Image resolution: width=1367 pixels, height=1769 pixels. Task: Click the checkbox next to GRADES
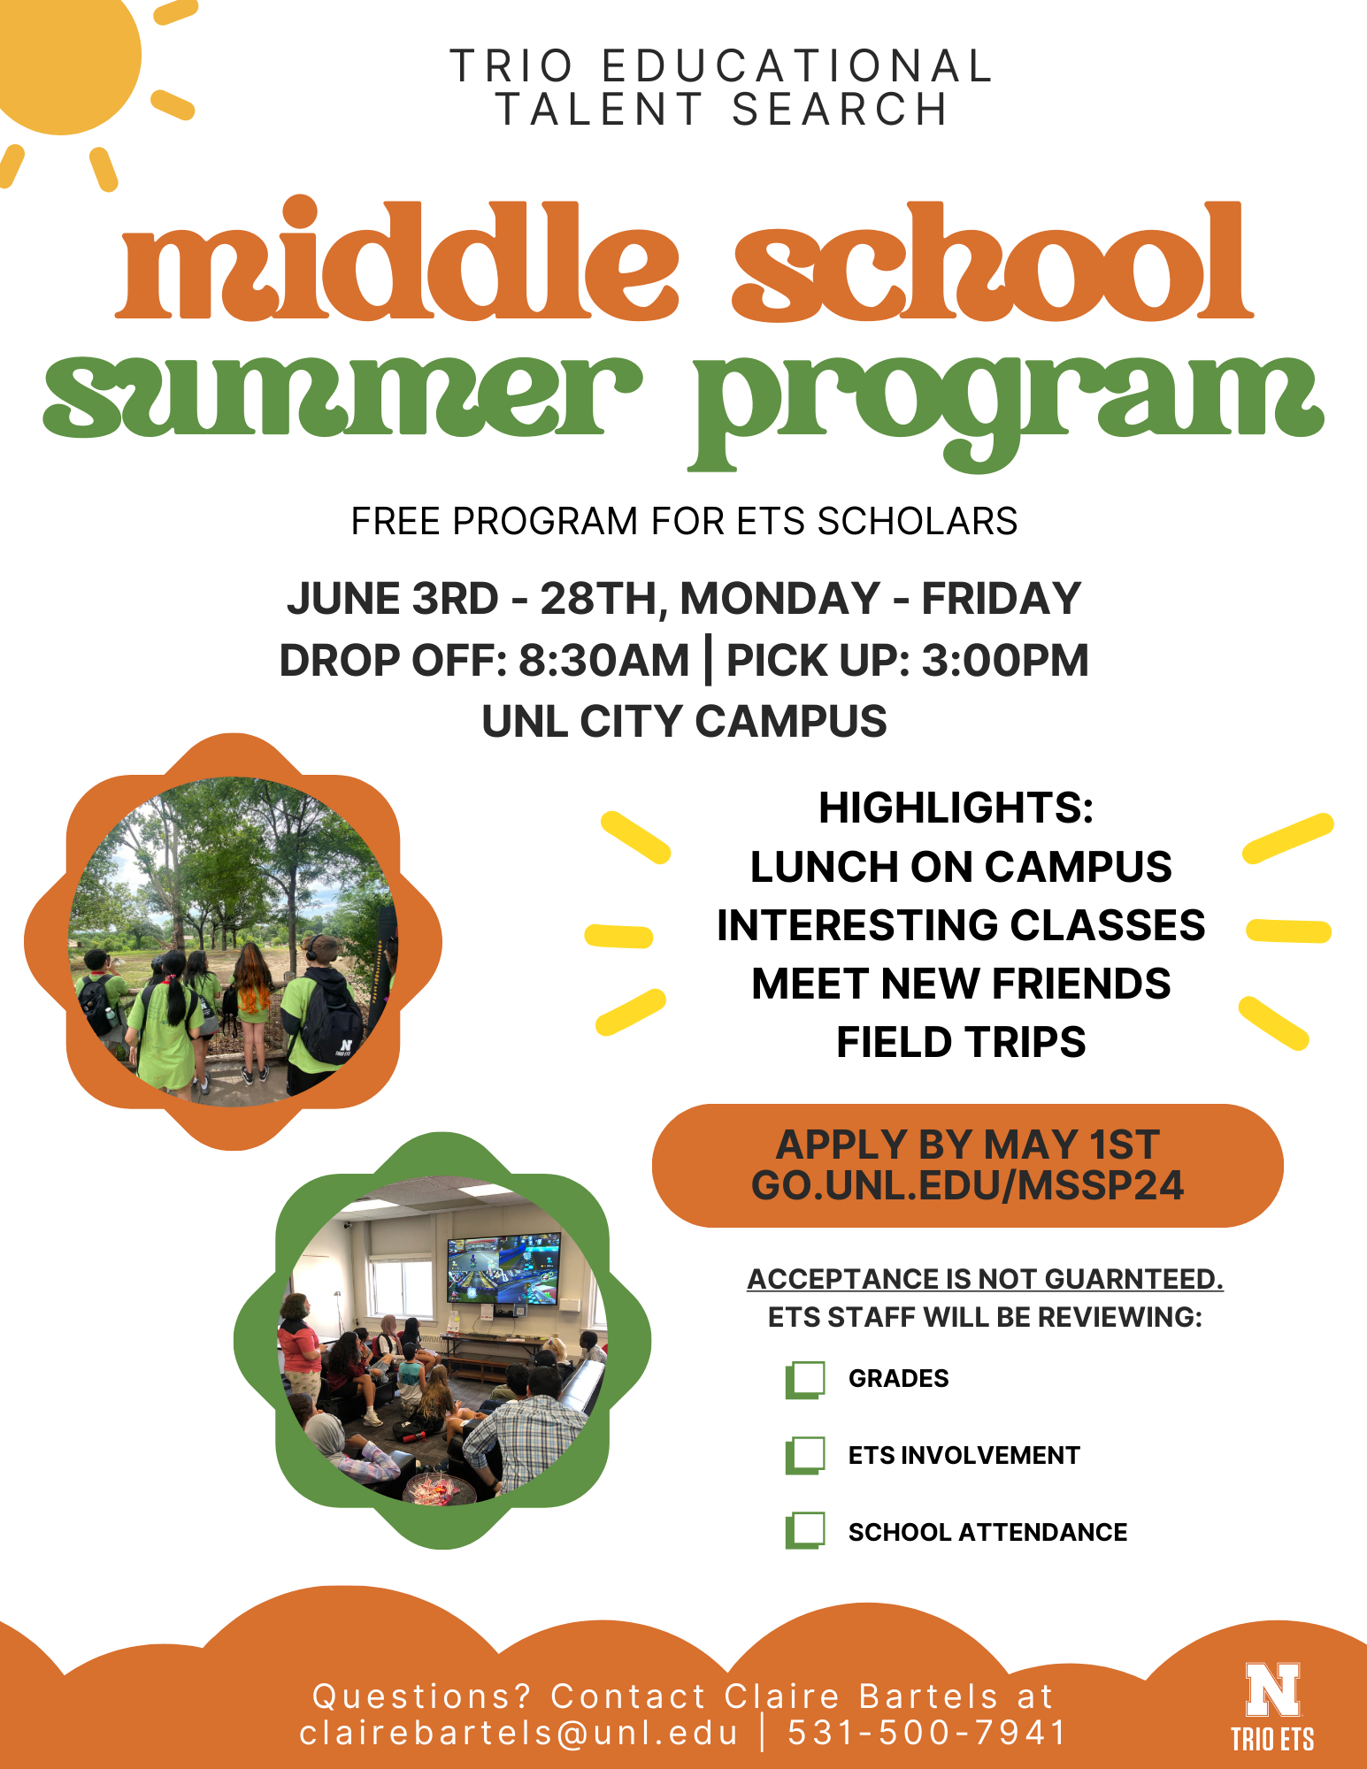805,1380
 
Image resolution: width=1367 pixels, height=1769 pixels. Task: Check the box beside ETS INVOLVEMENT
805,1456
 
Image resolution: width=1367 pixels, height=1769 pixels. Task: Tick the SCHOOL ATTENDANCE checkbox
805,1531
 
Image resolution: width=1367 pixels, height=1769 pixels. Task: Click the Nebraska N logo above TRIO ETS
1273,1689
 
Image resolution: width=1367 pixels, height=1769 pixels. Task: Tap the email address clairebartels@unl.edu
518,1733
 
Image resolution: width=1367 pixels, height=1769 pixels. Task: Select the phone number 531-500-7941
927,1733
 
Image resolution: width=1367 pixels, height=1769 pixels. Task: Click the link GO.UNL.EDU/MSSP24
967,1186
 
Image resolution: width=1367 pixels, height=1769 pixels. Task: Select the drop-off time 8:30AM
603,661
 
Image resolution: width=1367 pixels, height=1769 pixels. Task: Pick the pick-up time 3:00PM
1005,661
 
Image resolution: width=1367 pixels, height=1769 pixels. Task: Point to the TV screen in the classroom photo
504,1267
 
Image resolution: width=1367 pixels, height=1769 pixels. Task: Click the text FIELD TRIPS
961,1042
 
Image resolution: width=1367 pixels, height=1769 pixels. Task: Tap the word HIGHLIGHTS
956,808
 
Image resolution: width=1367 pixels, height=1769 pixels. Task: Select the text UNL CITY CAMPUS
684,721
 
